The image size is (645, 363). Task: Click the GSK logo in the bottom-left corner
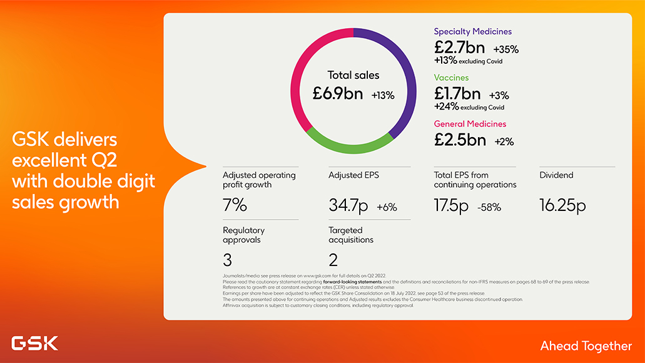click(x=34, y=343)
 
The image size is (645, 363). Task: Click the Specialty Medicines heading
click(x=473, y=31)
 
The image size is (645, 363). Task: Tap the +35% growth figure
click(x=505, y=49)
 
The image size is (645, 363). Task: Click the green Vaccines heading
click(x=451, y=78)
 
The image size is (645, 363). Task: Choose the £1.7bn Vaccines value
click(x=458, y=94)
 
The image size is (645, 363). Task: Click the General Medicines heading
click(x=470, y=124)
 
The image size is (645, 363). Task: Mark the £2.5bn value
click(x=460, y=140)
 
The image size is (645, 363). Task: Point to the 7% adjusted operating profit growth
click(x=235, y=205)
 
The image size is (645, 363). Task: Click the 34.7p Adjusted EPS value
click(x=348, y=205)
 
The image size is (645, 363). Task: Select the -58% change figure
click(x=489, y=207)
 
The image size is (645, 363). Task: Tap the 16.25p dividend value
click(x=562, y=205)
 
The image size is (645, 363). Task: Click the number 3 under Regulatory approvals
click(x=228, y=260)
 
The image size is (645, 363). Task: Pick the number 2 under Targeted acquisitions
click(x=333, y=260)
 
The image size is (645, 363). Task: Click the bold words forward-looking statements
click(x=352, y=282)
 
